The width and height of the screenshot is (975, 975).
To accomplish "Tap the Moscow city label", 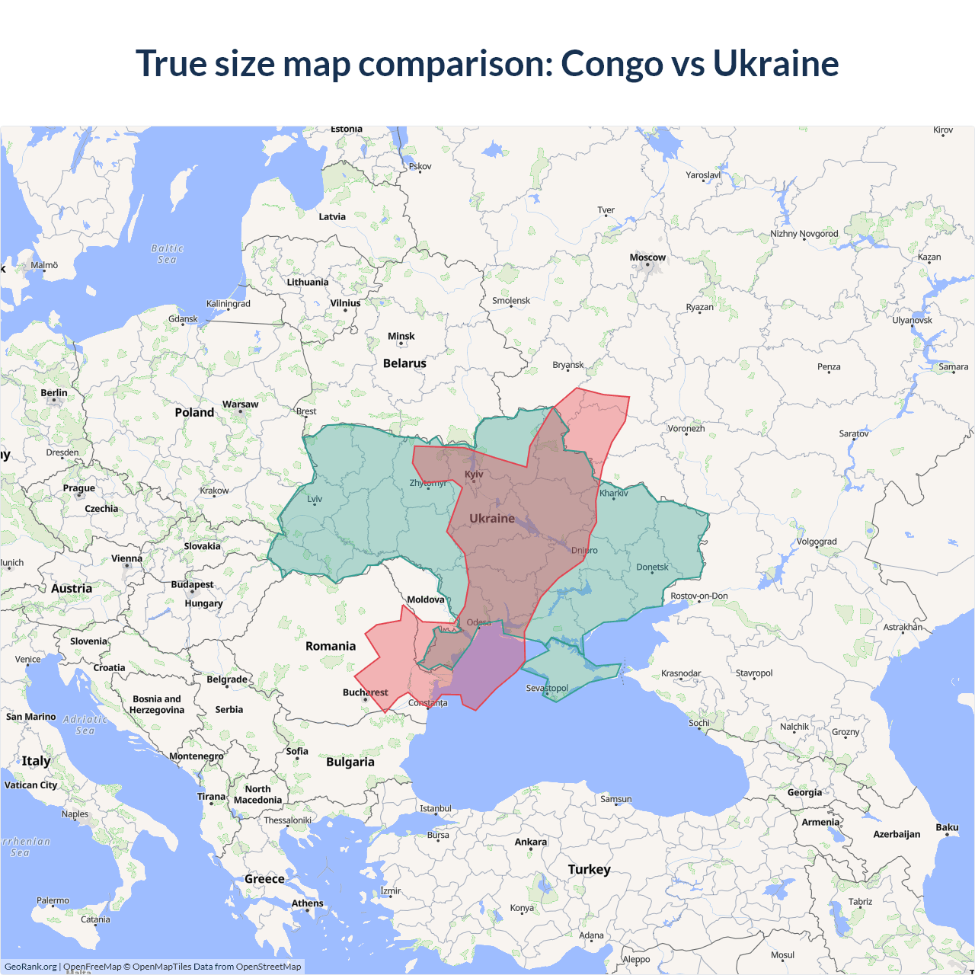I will pos(647,257).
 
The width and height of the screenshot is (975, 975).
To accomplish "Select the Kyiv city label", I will pos(474,475).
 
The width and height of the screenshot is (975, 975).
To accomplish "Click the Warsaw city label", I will pos(240,404).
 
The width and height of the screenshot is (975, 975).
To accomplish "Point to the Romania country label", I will pos(331,646).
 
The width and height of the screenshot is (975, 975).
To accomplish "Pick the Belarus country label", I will pos(404,363).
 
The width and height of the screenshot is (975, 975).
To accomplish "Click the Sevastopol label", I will pos(547,688).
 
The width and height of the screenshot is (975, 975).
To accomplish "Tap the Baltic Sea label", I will pos(168,254).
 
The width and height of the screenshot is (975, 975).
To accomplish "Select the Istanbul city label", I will pos(436,808).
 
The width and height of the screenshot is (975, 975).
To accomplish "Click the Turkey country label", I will pos(589,869).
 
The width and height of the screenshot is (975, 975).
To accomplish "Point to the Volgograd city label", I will pos(817,542).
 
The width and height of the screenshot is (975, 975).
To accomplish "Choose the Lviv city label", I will pos(315,499).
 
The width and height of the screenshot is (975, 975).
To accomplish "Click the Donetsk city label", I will pos(652,567).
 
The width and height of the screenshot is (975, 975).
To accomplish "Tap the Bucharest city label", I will pos(365,692).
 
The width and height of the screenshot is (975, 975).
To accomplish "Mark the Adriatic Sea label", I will pos(85,724).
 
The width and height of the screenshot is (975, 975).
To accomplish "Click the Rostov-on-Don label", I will pos(698,596).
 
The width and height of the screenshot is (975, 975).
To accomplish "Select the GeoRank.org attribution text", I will pos(30,967).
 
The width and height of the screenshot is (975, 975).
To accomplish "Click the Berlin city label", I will pos(54,393).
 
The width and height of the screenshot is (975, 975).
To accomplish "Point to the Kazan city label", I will pos(929,257).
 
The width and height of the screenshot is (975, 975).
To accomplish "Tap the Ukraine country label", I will pos(492,518).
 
